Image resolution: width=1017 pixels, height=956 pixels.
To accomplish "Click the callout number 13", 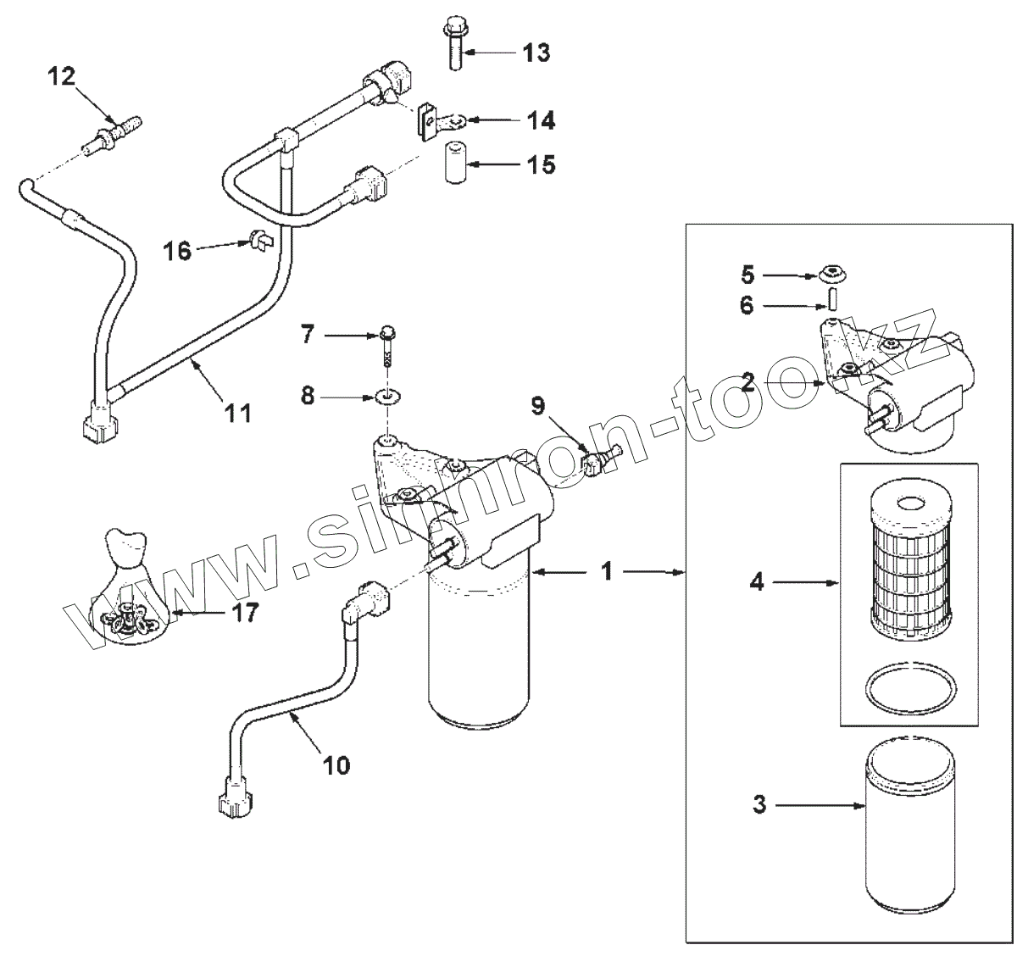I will point(536,53).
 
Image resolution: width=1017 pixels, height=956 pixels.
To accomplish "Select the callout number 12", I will point(61,77).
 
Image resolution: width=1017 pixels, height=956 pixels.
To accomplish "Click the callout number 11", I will point(238,413).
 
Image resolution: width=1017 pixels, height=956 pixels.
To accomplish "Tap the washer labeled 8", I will point(387,396).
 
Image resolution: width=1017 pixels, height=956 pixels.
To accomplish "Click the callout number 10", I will point(336,765).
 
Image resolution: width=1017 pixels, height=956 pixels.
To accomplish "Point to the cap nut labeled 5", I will point(833,275).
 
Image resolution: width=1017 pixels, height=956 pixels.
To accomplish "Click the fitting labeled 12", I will point(112,136).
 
